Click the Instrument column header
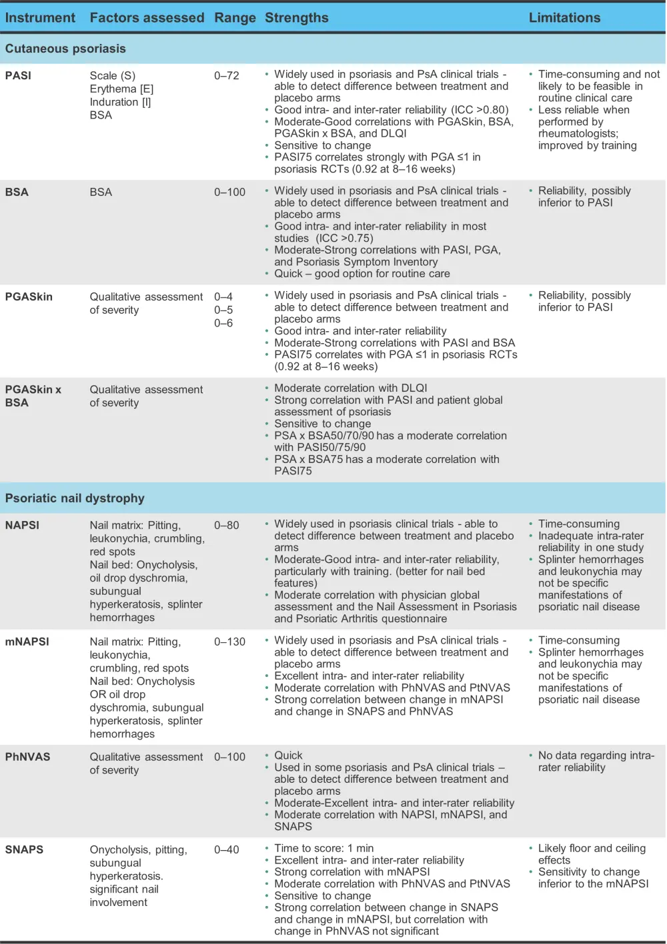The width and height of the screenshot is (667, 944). click(x=40, y=18)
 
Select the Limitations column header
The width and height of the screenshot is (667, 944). click(x=564, y=18)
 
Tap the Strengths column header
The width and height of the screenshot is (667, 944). click(x=296, y=18)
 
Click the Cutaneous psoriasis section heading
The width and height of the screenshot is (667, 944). click(x=65, y=49)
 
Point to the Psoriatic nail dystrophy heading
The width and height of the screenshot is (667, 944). click(x=75, y=498)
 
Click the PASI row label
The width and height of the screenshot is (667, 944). click(x=18, y=75)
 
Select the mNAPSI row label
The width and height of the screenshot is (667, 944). click(x=27, y=642)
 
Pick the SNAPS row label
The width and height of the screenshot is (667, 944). click(x=24, y=849)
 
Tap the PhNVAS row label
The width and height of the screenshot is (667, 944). click(x=27, y=757)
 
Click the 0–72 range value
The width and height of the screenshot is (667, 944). click(x=226, y=75)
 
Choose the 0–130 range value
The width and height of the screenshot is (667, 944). click(x=229, y=642)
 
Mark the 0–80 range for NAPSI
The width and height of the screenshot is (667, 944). click(x=226, y=525)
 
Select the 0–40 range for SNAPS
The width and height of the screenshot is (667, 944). click(x=226, y=849)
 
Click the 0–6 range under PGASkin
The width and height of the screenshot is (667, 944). click(x=223, y=323)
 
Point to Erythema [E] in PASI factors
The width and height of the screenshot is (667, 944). click(x=121, y=89)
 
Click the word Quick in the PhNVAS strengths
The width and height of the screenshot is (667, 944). click(x=288, y=755)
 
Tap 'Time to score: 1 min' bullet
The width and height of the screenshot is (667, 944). click(x=323, y=848)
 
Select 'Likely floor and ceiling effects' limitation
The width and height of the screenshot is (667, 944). click(x=592, y=854)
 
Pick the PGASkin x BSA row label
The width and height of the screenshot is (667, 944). click(x=33, y=396)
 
